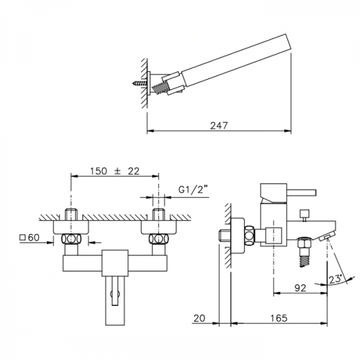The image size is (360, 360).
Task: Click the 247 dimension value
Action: click(x=219, y=125)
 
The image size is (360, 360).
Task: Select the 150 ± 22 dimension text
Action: click(x=115, y=171)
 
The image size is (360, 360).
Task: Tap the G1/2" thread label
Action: click(x=191, y=190)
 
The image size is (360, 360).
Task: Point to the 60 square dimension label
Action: click(x=29, y=238)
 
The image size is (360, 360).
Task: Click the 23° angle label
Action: click(x=335, y=279)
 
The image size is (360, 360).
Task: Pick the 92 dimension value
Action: click(x=301, y=288)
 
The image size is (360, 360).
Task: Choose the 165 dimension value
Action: click(x=279, y=318)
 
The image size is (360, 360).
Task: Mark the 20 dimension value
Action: click(x=199, y=318)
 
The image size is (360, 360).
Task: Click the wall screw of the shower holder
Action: click(x=140, y=83)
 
